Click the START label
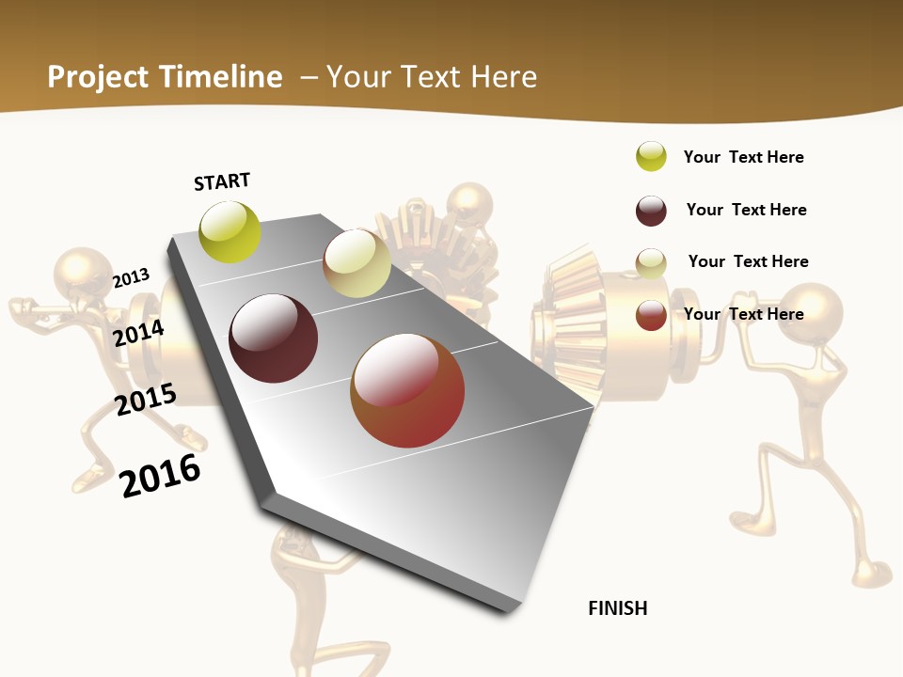(x=222, y=181)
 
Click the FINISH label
(x=618, y=608)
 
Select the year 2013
(x=132, y=278)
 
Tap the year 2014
(x=138, y=333)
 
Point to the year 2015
(x=146, y=400)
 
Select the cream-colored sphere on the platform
(x=356, y=263)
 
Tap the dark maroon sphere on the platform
(x=274, y=338)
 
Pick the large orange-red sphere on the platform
(x=407, y=390)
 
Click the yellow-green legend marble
(x=651, y=156)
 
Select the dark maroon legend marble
(x=651, y=211)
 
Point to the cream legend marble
(x=651, y=263)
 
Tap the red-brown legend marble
(x=651, y=315)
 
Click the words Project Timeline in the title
(x=165, y=77)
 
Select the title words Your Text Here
(x=432, y=77)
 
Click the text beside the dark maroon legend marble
(x=746, y=210)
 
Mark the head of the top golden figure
(x=469, y=205)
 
